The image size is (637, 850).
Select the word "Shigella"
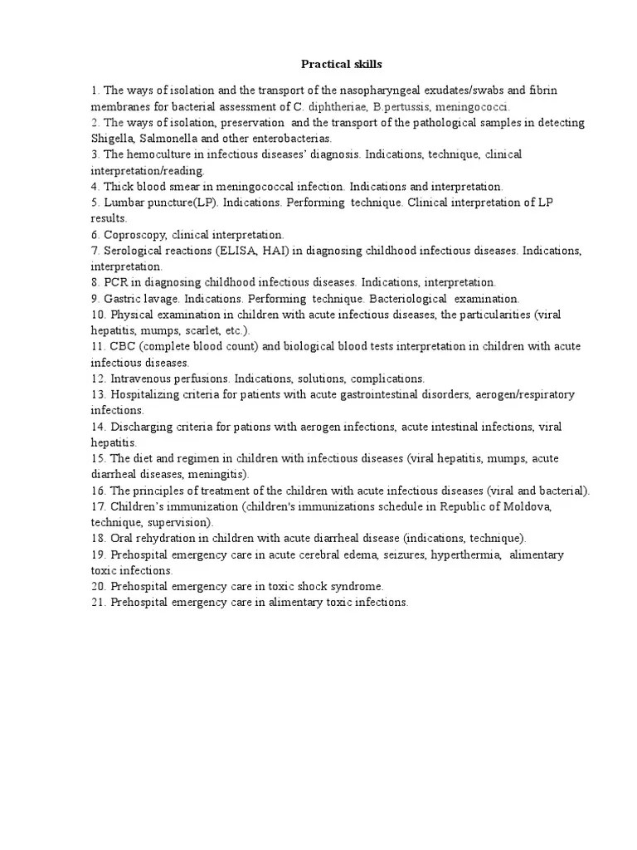pos(113,138)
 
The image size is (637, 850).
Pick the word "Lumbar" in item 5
pos(122,203)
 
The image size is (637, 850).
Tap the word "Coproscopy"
pos(135,235)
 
